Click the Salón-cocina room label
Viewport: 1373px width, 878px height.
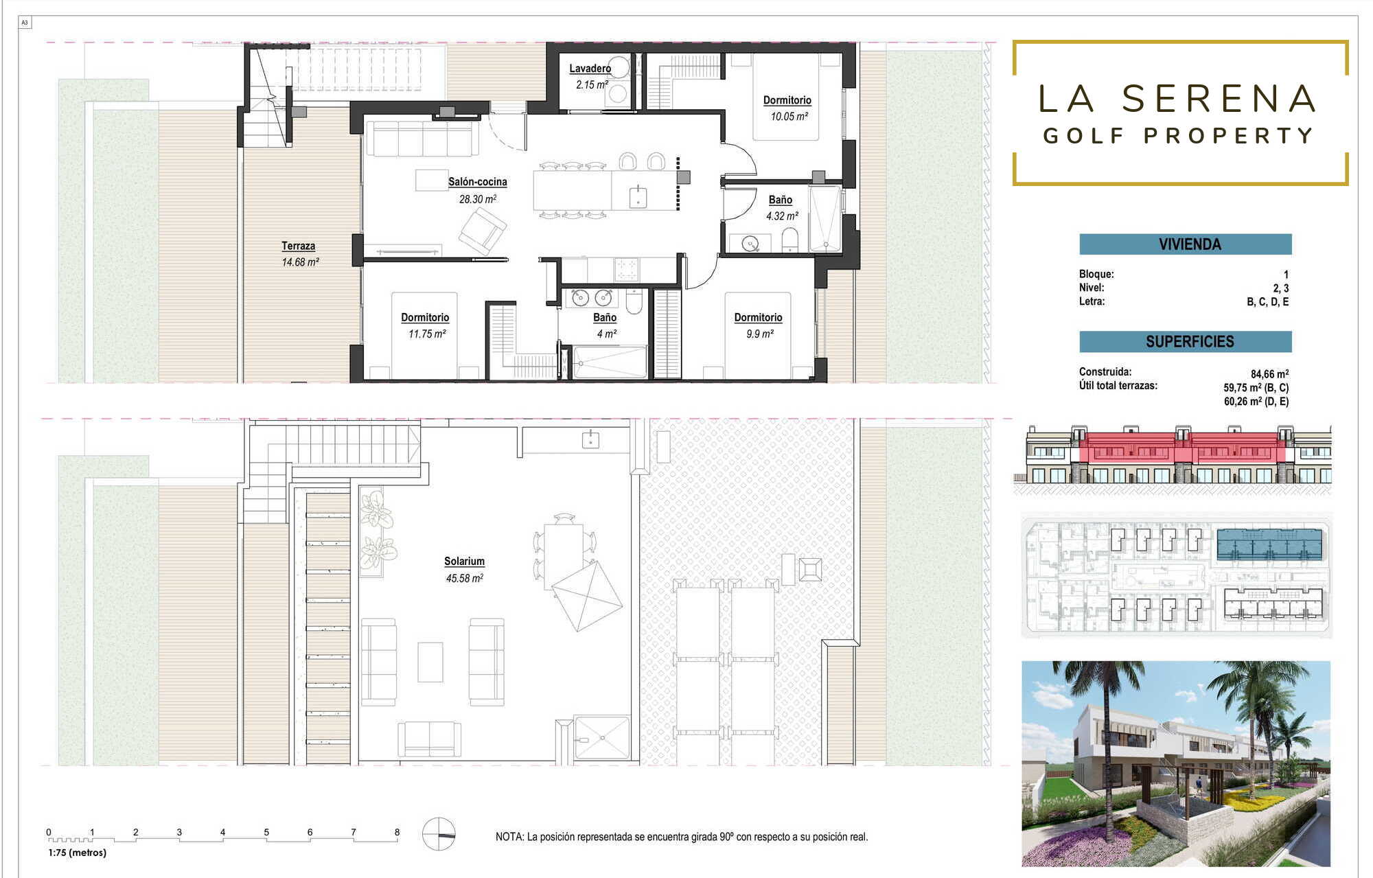click(x=478, y=182)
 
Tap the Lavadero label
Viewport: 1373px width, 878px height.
click(x=590, y=68)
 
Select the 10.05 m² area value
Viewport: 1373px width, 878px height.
click(x=789, y=116)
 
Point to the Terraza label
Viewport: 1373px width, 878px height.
click(x=299, y=246)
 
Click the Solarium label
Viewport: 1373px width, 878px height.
click(x=464, y=561)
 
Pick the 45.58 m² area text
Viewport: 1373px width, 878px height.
click(x=465, y=578)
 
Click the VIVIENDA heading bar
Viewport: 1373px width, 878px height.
click(x=1186, y=244)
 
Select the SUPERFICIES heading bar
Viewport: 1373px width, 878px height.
click(x=1186, y=341)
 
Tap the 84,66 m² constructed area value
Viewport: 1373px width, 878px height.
click(x=1269, y=374)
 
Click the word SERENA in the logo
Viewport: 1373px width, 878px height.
click(x=1219, y=99)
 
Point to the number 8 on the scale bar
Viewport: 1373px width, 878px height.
click(x=397, y=832)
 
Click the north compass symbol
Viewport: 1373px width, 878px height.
click(x=439, y=834)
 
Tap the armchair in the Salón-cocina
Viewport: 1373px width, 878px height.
click(x=483, y=231)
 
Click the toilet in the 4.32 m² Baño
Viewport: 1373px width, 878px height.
click(x=790, y=240)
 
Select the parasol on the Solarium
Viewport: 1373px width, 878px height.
click(x=587, y=596)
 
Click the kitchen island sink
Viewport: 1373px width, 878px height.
click(x=638, y=196)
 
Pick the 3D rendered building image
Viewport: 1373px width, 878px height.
click(x=1176, y=763)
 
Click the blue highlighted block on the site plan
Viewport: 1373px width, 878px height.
click(x=1269, y=544)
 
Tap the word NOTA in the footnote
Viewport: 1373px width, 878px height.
click(x=509, y=837)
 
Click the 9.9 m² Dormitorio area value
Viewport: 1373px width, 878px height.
click(x=760, y=334)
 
